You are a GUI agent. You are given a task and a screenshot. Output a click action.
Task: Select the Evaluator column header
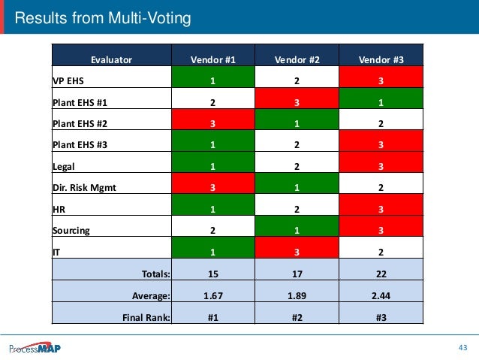pyautogui.click(x=111, y=59)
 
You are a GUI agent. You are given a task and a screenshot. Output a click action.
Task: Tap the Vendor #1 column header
pyautogui.click(x=213, y=59)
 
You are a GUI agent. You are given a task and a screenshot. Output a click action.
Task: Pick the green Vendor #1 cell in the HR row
pyautogui.click(x=213, y=210)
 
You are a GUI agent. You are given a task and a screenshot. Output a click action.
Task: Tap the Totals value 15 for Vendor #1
pyautogui.click(x=213, y=274)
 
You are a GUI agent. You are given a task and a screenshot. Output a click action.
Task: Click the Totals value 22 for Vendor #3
pyautogui.click(x=381, y=274)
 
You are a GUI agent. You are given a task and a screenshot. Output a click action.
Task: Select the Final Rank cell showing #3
pyautogui.click(x=381, y=317)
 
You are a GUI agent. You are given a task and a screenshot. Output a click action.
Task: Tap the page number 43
pyautogui.click(x=462, y=347)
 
